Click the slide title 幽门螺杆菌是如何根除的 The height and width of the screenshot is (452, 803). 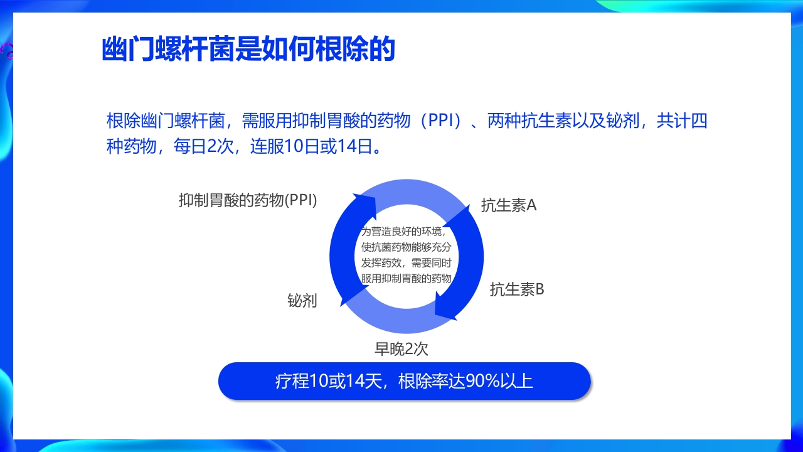pyautogui.click(x=248, y=49)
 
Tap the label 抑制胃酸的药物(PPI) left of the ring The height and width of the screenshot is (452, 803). pyautogui.click(x=248, y=200)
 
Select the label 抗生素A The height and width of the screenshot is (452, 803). pyautogui.click(x=509, y=205)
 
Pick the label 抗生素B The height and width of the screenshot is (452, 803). pyautogui.click(x=517, y=289)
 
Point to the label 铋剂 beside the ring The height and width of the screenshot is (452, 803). pyautogui.click(x=302, y=301)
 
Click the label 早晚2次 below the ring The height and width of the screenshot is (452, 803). pyautogui.click(x=401, y=348)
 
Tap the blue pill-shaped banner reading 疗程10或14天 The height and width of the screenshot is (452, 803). pyautogui.click(x=404, y=381)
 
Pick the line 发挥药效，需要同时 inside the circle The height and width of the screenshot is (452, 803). pyautogui.click(x=407, y=262)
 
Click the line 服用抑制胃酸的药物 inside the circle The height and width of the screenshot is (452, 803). pyautogui.click(x=407, y=278)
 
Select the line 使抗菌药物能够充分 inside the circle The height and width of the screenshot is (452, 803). pyautogui.click(x=407, y=247)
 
